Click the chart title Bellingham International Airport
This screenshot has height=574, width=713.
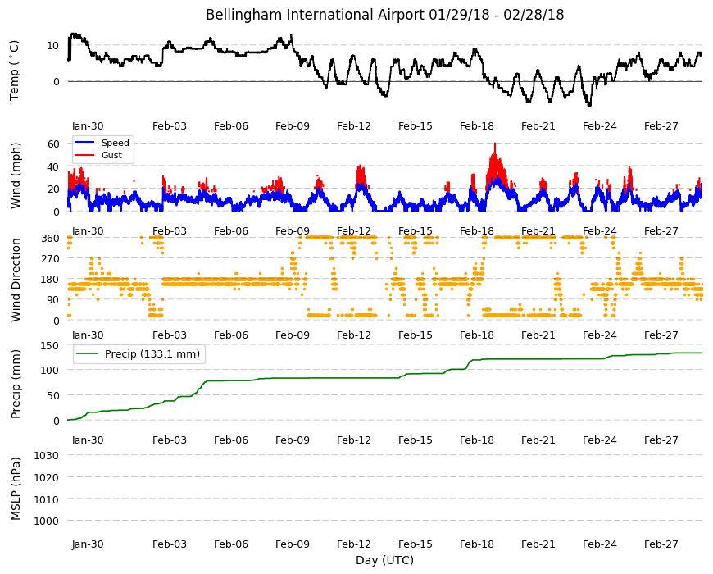pyautogui.click(x=315, y=15)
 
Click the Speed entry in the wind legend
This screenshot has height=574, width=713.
pyautogui.click(x=115, y=143)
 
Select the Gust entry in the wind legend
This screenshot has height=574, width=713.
pyautogui.click(x=111, y=155)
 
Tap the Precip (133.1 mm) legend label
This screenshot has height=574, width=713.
pyautogui.click(x=152, y=354)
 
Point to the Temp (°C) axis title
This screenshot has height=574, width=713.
pyautogui.click(x=15, y=71)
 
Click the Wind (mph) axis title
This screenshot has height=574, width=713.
pyautogui.click(x=16, y=175)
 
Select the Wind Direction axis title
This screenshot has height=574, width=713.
pyautogui.click(x=16, y=280)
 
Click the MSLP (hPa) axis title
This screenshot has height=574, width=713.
pyautogui.click(x=16, y=489)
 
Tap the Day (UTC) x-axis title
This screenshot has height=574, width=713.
pyautogui.click(x=384, y=560)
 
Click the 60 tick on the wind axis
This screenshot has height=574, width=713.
pyautogui.click(x=53, y=143)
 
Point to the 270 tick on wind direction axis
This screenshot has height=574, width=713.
pyautogui.click(x=51, y=259)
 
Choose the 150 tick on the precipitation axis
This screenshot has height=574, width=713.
pyautogui.click(x=51, y=346)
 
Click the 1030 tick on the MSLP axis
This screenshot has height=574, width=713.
pyautogui.click(x=47, y=455)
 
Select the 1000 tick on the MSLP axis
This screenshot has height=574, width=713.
pyautogui.click(x=47, y=521)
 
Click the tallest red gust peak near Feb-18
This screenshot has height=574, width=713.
pyautogui.click(x=495, y=143)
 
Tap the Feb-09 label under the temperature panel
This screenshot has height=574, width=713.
pyautogui.click(x=293, y=126)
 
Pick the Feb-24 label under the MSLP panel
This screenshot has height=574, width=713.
pyautogui.click(x=600, y=544)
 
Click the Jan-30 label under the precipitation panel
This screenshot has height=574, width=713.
pyautogui.click(x=88, y=440)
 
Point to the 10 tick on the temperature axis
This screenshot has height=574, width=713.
pyautogui.click(x=53, y=45)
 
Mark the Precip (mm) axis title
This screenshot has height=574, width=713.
pyautogui.click(x=16, y=384)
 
